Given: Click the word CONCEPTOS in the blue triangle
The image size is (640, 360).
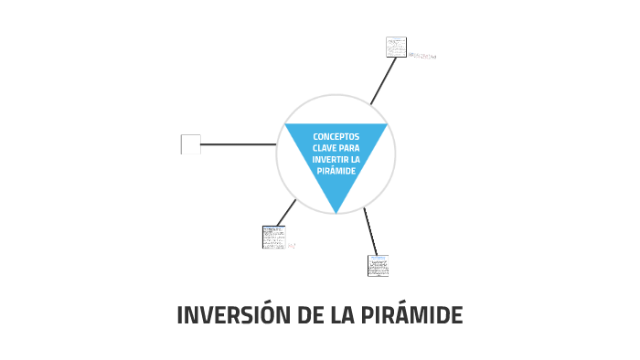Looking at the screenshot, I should click(336, 136).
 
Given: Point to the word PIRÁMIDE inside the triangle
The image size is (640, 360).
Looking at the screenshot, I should click(336, 171).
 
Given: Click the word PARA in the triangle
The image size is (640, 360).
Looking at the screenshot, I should click(348, 148).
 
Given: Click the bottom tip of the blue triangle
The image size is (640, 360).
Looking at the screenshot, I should click(336, 212).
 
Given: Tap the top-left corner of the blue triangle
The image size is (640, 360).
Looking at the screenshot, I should click(286, 125).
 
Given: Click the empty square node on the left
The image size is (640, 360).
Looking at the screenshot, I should click(190, 144).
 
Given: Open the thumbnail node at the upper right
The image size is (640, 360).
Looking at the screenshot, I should click(396, 47).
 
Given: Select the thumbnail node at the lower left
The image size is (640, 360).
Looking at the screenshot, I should click(273, 237).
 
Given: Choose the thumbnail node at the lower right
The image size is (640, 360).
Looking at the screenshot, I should click(378, 266).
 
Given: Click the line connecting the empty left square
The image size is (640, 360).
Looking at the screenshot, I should click(238, 144).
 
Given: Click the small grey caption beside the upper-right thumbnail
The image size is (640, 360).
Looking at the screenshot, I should click(422, 56).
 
